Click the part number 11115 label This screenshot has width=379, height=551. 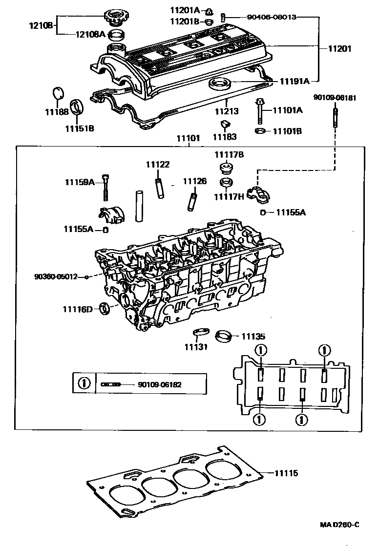click(x=286, y=473)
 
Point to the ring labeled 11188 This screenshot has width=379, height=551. click(x=58, y=93)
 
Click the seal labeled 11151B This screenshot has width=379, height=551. click(x=77, y=106)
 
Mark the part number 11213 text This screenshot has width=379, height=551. click(x=227, y=111)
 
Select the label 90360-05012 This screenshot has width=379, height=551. click(x=56, y=276)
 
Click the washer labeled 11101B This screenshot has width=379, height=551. click(x=260, y=131)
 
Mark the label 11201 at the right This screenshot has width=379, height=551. click(x=339, y=49)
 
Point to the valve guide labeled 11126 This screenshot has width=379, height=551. click(x=191, y=200)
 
